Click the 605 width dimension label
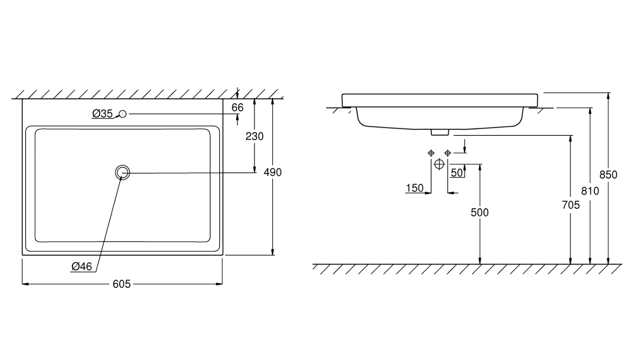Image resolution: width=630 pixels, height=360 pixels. pyautogui.click(x=121, y=284)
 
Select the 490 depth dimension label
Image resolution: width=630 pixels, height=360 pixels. pyautogui.click(x=273, y=172)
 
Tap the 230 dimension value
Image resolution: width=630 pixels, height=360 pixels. pyautogui.click(x=255, y=136)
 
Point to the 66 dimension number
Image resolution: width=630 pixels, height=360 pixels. pyautogui.click(x=238, y=108)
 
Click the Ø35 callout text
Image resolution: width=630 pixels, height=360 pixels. pyautogui.click(x=103, y=113)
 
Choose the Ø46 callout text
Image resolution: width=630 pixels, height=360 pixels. pyautogui.click(x=81, y=266)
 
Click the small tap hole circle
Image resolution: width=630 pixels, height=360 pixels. pyautogui.click(x=122, y=113)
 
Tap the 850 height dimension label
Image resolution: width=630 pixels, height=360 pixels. pyautogui.click(x=608, y=175)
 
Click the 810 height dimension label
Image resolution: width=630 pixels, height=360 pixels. pyautogui.click(x=590, y=191)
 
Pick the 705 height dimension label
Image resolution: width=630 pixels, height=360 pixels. pyautogui.click(x=571, y=205)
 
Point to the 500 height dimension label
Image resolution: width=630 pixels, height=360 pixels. pyautogui.click(x=480, y=212)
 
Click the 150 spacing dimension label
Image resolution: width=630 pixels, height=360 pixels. pyautogui.click(x=415, y=188)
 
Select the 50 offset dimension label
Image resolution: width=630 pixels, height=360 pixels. pyautogui.click(x=457, y=173)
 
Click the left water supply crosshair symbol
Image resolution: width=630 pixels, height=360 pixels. pyautogui.click(x=431, y=153)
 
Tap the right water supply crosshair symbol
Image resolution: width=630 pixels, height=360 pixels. pyautogui.click(x=448, y=153)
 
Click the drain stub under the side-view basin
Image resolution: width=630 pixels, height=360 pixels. pyautogui.click(x=440, y=132)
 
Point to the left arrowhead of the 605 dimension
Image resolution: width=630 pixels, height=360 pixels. pyautogui.click(x=25, y=284)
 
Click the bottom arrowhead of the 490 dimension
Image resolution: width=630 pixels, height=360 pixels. pyautogui.click(x=273, y=252)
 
